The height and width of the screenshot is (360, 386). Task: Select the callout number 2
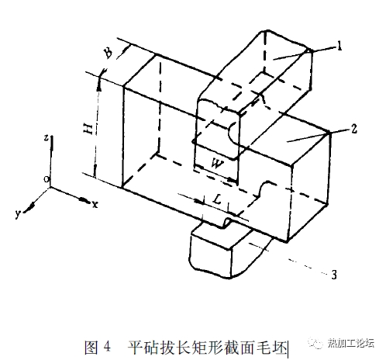pyautogui.click(x=353, y=129)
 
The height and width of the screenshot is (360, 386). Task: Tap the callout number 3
pyautogui.click(x=333, y=274)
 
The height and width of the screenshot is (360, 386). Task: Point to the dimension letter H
pyautogui.click(x=88, y=129)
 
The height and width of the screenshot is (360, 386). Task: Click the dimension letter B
pyautogui.click(x=108, y=53)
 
